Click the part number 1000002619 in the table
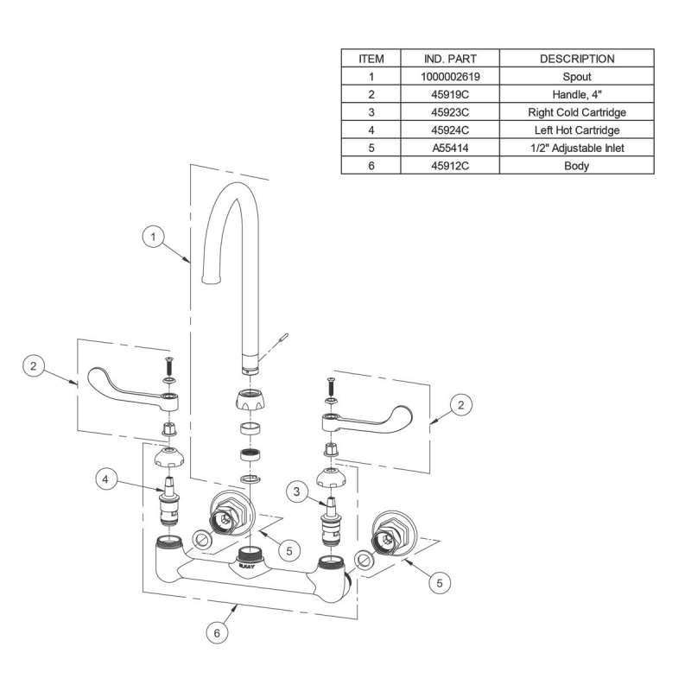451,77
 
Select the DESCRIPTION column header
576,59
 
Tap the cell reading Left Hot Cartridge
576,130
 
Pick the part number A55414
451,149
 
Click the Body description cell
576,166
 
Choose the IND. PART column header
451,59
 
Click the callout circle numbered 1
153,235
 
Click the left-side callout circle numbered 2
34,365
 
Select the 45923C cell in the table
451,112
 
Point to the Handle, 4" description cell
576,95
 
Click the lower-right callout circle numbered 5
441,583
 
